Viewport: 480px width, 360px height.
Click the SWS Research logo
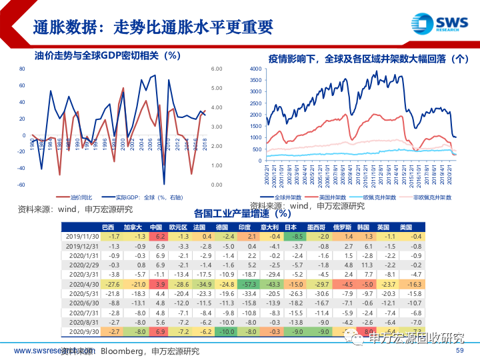tap(439, 23)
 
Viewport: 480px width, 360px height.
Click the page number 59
tap(459, 351)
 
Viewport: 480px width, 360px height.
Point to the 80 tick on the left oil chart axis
tap(21, 69)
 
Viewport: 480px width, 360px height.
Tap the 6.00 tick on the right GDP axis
tap(216, 69)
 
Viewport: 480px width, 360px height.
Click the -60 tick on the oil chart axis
tap(21, 185)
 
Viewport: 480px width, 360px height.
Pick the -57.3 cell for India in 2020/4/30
tap(251, 283)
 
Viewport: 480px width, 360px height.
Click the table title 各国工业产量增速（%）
tap(243, 214)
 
